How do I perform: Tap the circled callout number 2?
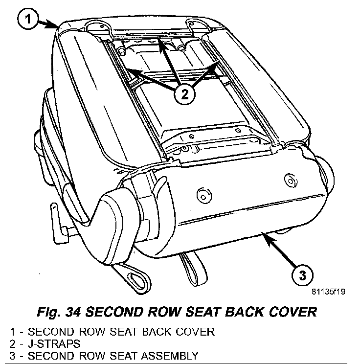point(182,94)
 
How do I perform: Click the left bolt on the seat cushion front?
point(201,196)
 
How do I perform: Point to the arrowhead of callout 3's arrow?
point(263,235)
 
